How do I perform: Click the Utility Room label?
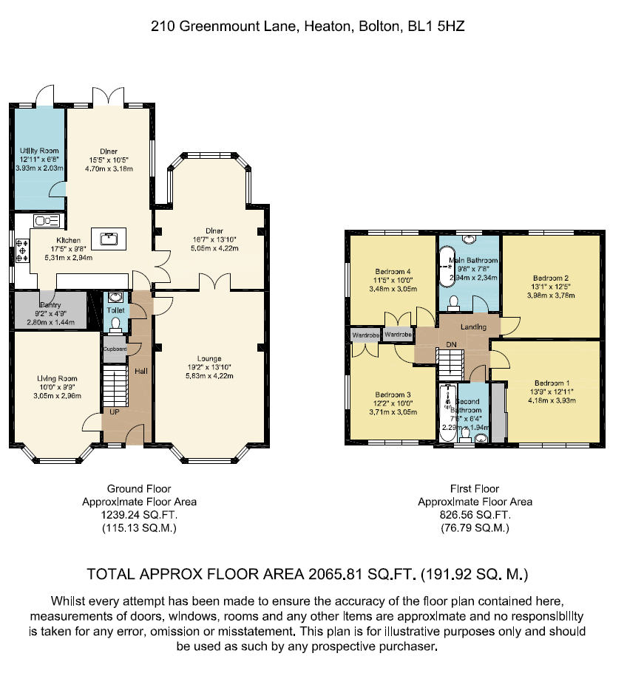39,151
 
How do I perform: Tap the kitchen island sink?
109,238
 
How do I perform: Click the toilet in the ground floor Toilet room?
115,324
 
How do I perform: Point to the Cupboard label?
115,349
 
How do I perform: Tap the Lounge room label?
210,360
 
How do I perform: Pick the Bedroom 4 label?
393,271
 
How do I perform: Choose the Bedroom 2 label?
550,279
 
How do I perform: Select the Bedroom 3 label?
392,394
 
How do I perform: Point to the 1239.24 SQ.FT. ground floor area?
139,515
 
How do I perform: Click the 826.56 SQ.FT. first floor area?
475,515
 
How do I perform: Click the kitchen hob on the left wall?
21,251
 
